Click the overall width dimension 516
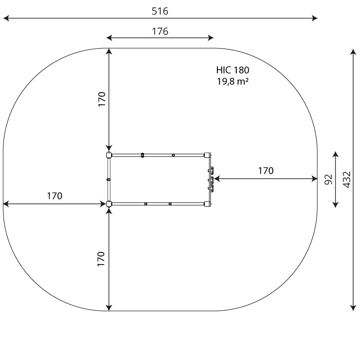point(160,11)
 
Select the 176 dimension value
point(160,31)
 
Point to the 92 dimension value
point(328,179)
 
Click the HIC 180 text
point(233,70)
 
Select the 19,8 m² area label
point(233,81)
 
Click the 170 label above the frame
point(102,99)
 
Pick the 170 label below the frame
point(101,259)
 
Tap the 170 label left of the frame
point(54,196)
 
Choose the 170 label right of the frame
point(266,171)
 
